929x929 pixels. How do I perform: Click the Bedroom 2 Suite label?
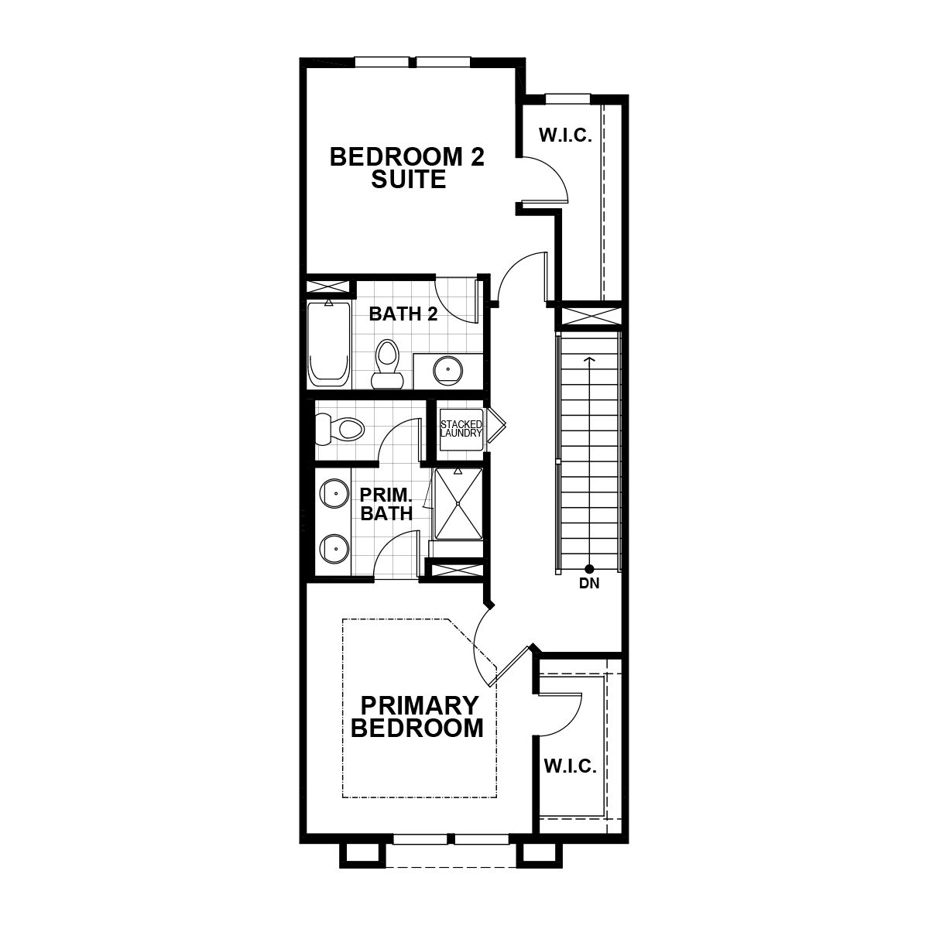click(x=407, y=168)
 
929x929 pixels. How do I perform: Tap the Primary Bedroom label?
click(x=417, y=717)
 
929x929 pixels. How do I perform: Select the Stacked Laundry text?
click(x=461, y=429)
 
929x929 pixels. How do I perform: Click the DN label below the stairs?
click(x=589, y=584)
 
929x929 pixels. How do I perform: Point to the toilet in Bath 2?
click(x=387, y=364)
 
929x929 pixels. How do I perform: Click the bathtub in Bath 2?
click(x=328, y=344)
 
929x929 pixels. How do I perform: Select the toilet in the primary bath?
click(x=339, y=428)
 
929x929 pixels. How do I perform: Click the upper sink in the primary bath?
click(x=334, y=493)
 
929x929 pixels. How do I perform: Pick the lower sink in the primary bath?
click(x=334, y=549)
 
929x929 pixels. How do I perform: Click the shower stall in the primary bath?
click(x=458, y=503)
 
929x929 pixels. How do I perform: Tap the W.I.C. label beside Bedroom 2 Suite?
click(x=565, y=136)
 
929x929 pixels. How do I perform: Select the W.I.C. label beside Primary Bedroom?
click(x=571, y=766)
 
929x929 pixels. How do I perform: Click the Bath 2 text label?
click(x=403, y=314)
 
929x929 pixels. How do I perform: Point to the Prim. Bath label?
click(x=386, y=504)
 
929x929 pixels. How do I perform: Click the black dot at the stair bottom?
click(x=588, y=568)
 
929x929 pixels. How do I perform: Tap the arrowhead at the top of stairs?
click(x=588, y=359)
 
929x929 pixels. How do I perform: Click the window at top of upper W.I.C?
click(x=567, y=98)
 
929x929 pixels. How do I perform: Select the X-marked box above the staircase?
click(x=589, y=317)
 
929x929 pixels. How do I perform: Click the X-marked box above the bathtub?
click(x=327, y=286)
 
